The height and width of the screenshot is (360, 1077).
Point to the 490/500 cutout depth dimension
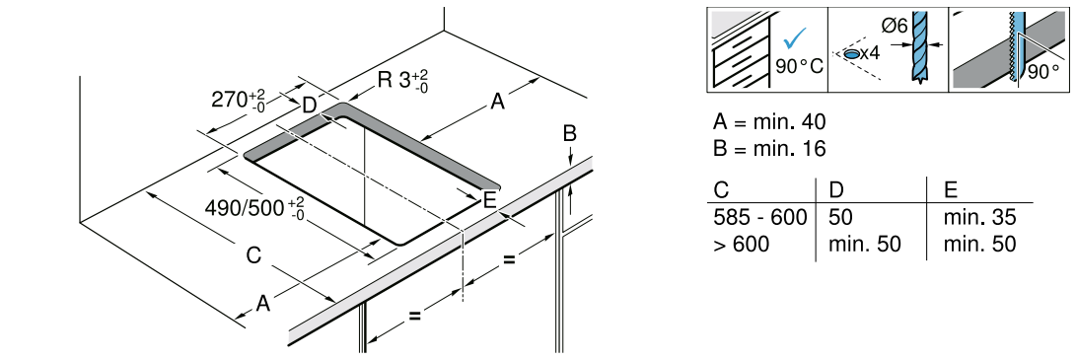click(255, 207)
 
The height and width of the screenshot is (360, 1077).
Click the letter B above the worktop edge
click(569, 134)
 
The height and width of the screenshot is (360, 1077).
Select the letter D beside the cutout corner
click(309, 106)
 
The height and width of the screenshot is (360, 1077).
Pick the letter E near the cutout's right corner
click(489, 200)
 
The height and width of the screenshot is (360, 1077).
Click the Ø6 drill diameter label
click(893, 26)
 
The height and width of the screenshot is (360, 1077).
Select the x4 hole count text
click(869, 53)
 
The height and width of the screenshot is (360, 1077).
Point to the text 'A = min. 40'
click(769, 122)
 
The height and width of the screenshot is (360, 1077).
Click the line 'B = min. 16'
click(769, 148)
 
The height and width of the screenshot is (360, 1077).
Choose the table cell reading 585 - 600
click(759, 219)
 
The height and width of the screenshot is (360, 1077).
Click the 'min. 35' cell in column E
click(979, 219)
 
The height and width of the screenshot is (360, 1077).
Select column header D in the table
click(836, 189)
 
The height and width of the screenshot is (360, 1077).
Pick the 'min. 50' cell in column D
click(865, 244)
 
